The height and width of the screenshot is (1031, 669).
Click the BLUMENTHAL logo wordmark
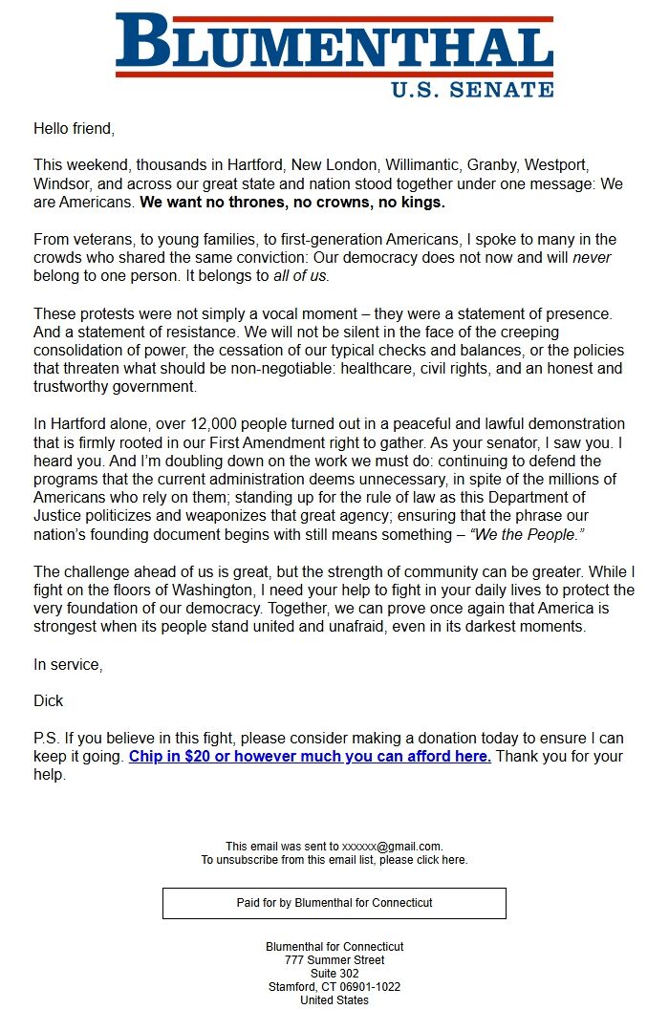point(334,46)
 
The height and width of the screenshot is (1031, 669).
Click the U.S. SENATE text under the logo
point(472,90)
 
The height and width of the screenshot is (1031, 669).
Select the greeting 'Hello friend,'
point(74,128)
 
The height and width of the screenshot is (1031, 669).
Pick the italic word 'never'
point(592,258)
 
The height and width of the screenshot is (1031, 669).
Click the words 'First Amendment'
point(314,442)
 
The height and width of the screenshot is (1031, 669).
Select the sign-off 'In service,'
point(67,664)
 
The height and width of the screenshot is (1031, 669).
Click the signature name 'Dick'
point(48,701)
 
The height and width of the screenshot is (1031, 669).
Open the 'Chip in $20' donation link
point(310,757)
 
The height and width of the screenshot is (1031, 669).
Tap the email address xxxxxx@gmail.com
point(392,847)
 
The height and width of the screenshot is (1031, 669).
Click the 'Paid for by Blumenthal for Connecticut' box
point(334,903)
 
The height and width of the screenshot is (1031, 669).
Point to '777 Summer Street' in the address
point(334,960)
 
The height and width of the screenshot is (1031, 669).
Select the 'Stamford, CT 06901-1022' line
point(334,987)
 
